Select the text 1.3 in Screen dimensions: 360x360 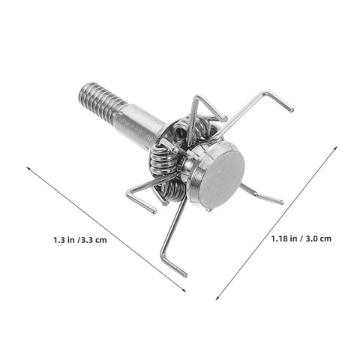[x=64, y=240]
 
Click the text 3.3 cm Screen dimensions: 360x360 [x=92, y=240]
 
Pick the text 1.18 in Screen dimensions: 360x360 [x=284, y=238]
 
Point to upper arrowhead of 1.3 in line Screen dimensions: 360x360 [x=28, y=168]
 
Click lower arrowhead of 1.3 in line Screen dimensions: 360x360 [x=184, y=290]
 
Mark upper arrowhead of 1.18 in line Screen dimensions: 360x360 [x=337, y=147]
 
